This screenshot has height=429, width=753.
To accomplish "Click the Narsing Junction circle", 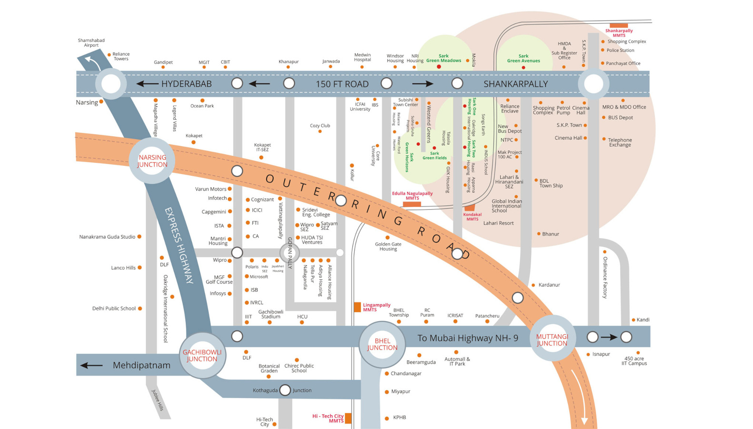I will [152, 161].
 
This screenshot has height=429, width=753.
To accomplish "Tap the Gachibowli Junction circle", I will [202, 356].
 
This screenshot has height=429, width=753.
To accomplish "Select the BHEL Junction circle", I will [382, 344].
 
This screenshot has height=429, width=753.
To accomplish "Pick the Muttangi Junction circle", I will [552, 339].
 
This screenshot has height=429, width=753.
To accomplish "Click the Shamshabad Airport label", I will [91, 43].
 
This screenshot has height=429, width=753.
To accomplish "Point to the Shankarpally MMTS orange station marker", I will [619, 26].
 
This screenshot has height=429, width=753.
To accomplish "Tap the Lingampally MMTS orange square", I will [357, 307].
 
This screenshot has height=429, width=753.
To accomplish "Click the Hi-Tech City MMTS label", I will [328, 419].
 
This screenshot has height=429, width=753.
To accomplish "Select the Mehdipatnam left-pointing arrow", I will [91, 366].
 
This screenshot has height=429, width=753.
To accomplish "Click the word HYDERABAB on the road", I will [186, 84].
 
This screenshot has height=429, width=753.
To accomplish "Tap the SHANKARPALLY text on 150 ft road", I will [516, 84].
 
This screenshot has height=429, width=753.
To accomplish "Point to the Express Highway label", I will [179, 245].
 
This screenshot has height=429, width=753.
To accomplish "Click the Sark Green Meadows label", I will [443, 58].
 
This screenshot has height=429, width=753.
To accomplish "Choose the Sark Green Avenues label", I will [523, 58].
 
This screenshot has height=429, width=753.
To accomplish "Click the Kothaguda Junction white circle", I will [285, 390].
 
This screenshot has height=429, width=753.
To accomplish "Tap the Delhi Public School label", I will [114, 308].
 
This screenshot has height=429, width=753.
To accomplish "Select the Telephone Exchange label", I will [620, 142].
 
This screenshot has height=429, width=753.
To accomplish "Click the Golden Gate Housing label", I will [388, 246].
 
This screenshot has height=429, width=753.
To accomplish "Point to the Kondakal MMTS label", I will [472, 217].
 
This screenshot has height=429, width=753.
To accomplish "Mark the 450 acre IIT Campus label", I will [634, 361].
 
